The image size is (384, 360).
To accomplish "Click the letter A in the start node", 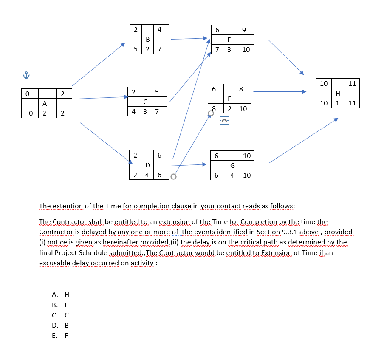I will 44,103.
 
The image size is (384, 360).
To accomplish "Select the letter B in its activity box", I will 147,40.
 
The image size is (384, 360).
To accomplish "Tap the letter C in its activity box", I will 145,102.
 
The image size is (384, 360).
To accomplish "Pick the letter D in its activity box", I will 147,165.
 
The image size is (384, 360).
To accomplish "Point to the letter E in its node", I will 229,40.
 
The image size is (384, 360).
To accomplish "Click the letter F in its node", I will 229,99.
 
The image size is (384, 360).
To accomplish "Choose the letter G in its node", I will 232,165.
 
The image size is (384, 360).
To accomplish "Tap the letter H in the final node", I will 337,93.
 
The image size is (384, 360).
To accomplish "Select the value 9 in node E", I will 243,30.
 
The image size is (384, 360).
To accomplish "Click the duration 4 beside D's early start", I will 147,175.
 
